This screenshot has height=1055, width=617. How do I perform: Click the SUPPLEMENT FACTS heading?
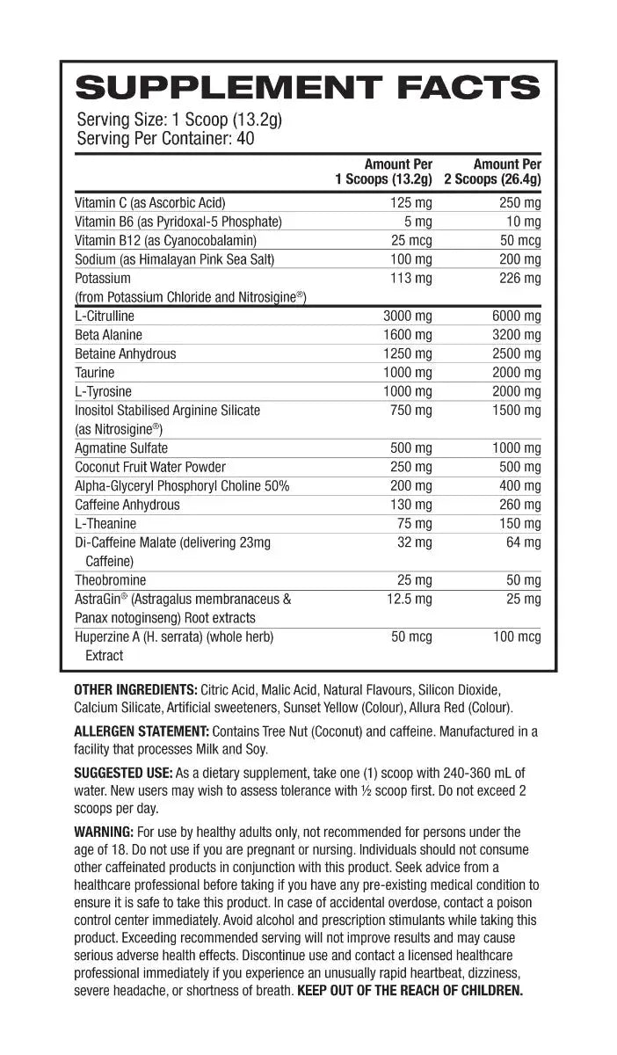tap(308, 88)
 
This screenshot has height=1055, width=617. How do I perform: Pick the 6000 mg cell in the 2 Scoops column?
tap(516, 316)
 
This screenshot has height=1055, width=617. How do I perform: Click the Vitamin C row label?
tap(150, 202)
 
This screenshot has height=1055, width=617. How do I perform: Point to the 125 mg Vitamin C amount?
tap(411, 202)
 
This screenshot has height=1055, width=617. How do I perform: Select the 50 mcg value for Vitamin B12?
tap(520, 240)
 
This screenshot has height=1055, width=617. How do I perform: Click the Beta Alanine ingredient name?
tap(108, 335)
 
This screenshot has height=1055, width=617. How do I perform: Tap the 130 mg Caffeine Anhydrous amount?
tap(411, 505)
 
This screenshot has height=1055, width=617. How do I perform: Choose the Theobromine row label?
tap(111, 580)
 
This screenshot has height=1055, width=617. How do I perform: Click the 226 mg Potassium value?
tap(520, 278)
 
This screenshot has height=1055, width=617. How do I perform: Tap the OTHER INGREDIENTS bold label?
tap(135, 689)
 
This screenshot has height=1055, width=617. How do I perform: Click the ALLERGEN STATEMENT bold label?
tap(141, 731)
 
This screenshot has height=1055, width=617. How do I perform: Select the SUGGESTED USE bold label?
tap(123, 774)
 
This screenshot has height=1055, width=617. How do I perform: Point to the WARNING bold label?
tap(104, 832)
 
